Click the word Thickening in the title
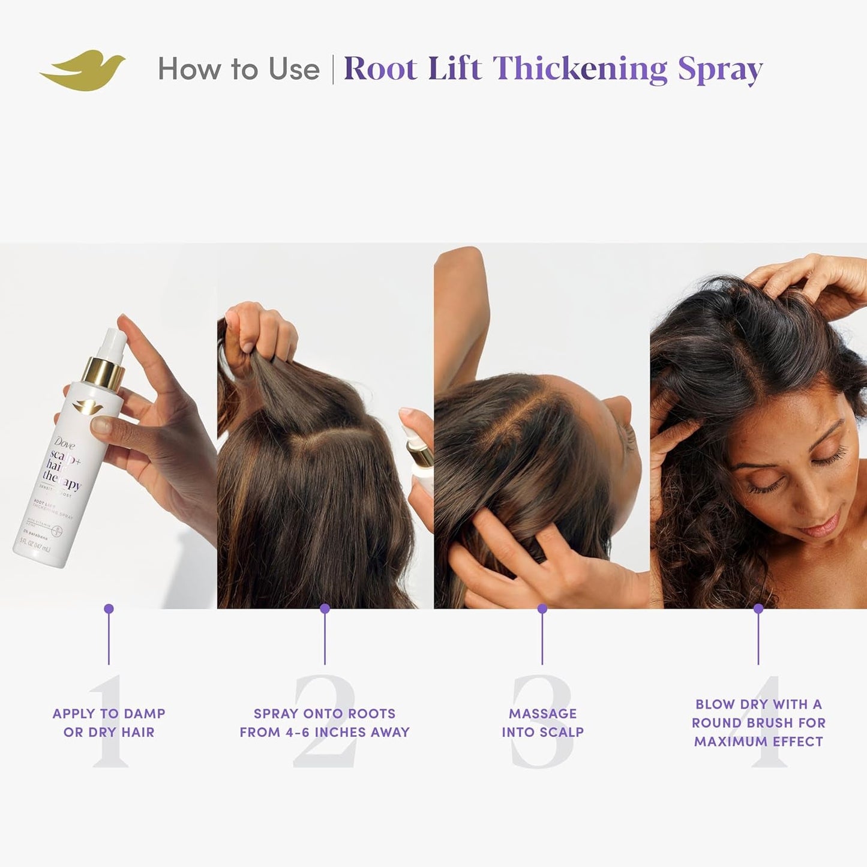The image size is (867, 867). pos(580,69)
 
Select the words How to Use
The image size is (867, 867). pos(239,69)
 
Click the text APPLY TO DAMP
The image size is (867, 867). pos(109,713)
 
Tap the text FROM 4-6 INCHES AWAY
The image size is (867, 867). pos(325,732)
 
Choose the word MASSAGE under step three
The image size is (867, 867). pos(542,713)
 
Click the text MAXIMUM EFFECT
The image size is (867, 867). pos(758,742)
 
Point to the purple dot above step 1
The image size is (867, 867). pos(109,608)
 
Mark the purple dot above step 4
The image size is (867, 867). pos(758,608)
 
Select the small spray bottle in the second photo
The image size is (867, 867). pos(419,462)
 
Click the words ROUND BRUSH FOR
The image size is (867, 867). pos(758,723)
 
